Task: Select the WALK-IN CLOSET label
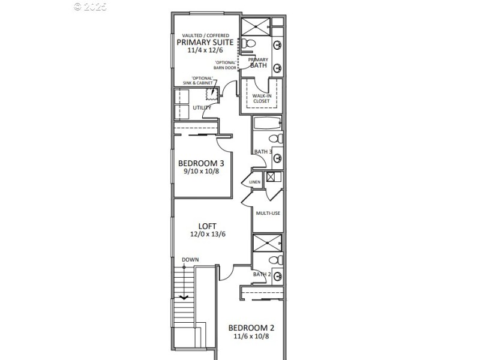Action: point(260,98)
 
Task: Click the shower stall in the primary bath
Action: point(256,26)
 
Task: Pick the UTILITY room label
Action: point(201,108)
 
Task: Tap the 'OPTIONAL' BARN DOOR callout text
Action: point(226,65)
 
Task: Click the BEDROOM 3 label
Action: point(202,163)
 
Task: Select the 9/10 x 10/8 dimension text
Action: point(202,172)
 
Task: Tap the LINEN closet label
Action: point(254,182)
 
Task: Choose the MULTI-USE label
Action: point(268,213)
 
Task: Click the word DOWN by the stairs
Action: point(190,260)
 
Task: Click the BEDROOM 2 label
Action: point(251,328)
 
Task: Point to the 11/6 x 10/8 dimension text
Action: point(251,337)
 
